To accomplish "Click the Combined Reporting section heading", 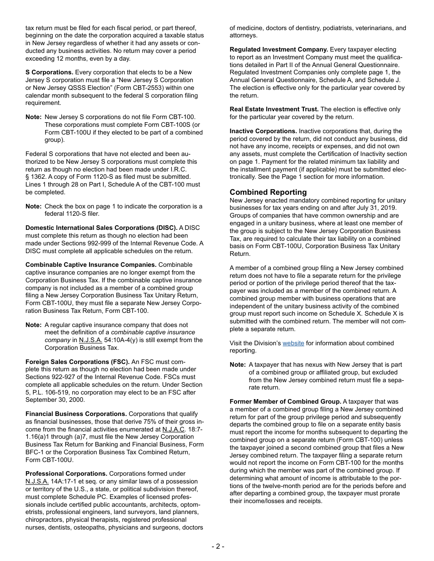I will click(268, 192).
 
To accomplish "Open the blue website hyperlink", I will click(293, 343).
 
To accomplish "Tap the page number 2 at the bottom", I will click(217, 546).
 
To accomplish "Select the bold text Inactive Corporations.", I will click(263, 131).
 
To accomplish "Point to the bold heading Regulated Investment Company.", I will click(279, 49).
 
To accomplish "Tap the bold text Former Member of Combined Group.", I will click(285, 401).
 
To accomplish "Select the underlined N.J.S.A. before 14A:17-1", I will click(37, 481).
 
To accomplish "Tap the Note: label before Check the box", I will click(33, 206).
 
